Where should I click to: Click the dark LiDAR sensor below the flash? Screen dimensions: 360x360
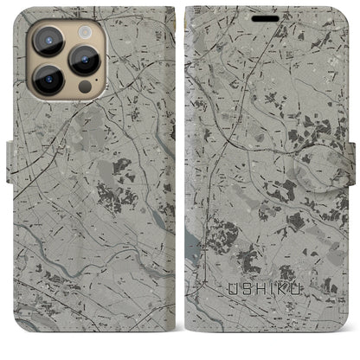84,87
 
